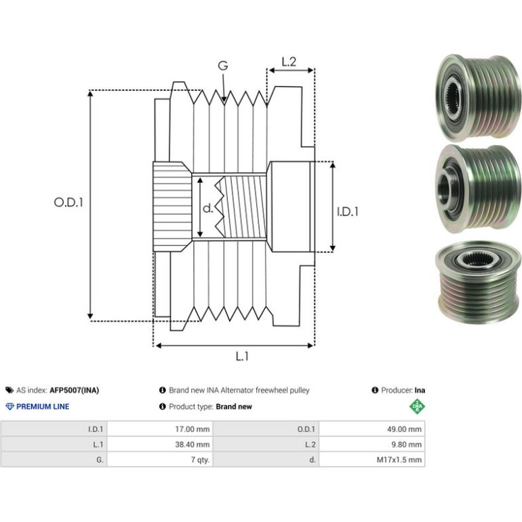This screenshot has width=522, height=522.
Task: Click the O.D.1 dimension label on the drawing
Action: click(x=68, y=202)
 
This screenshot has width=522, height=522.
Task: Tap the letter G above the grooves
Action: click(x=223, y=66)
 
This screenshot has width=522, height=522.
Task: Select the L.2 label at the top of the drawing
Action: click(x=289, y=62)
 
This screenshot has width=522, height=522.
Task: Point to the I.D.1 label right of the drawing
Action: click(x=348, y=212)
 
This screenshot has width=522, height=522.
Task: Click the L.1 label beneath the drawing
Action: click(x=242, y=357)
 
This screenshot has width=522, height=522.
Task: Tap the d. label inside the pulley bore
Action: click(x=207, y=208)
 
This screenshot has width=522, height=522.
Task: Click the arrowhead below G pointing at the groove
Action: click(x=224, y=98)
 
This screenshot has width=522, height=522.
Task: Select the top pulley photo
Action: click(x=478, y=98)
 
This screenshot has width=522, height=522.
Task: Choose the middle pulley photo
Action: click(x=478, y=187)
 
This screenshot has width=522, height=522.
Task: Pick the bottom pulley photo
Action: click(x=478, y=279)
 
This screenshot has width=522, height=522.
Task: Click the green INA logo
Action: click(x=417, y=407)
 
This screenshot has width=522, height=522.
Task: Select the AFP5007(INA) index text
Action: click(x=75, y=390)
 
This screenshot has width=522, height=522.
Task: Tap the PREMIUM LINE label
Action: click(x=43, y=407)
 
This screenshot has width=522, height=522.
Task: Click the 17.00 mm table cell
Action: click(x=193, y=429)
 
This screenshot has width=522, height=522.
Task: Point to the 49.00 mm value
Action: click(x=404, y=429)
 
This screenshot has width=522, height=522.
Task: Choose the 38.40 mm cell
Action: click(x=193, y=445)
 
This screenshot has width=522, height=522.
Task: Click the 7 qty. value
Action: click(x=200, y=460)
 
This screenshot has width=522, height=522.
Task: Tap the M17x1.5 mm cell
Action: click(x=399, y=460)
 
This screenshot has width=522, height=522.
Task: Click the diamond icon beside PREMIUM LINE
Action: click(x=10, y=407)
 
